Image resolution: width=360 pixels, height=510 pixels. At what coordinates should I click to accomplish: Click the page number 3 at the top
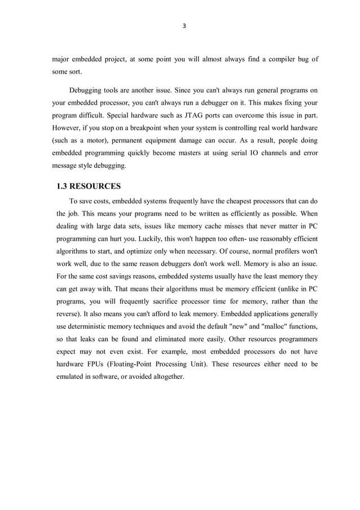coord(184,27)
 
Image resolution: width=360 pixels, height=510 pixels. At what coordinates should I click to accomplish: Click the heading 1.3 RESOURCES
coord(89,186)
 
